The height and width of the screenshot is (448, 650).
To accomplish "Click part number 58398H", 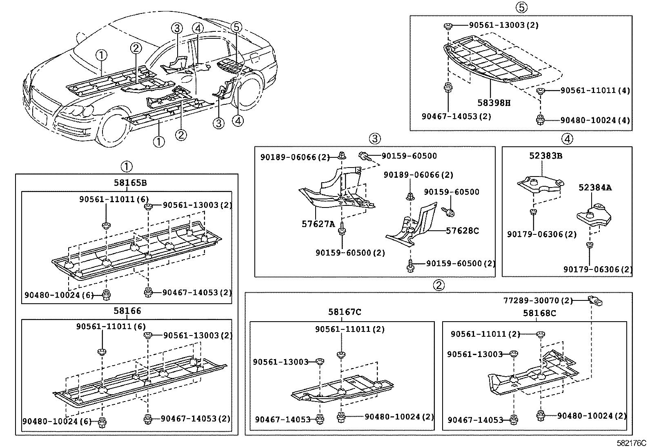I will tap(494, 103).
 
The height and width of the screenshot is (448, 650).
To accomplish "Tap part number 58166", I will tap(127, 311).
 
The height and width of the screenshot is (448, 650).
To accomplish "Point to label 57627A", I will tap(318, 223).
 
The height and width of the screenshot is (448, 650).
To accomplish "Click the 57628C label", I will tap(462, 231).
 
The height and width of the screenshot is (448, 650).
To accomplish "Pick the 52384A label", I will tap(595, 188).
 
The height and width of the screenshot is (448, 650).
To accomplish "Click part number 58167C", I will tap(345, 312).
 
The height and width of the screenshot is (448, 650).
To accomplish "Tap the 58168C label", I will tap(539, 313).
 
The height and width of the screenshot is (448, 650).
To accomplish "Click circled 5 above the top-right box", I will tap(521, 7).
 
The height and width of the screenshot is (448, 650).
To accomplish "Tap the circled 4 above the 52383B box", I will tap(567, 139).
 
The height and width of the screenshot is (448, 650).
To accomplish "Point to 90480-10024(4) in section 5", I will tap(595, 120).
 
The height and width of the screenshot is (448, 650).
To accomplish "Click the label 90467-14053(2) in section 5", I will tap(456, 116).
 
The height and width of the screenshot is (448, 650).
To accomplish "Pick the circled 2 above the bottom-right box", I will tap(438, 285).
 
